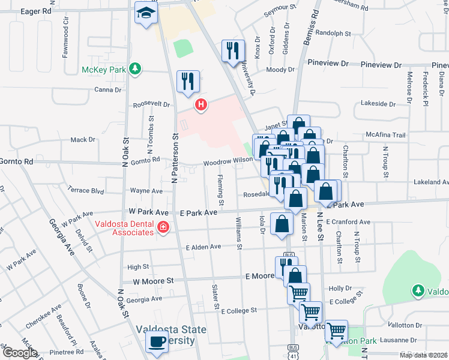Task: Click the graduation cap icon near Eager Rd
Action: click(145, 13)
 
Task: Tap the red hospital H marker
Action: click(201, 106)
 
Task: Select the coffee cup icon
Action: click(157, 342)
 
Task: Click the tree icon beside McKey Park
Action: click(136, 69)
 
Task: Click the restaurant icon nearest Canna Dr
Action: click(188, 81)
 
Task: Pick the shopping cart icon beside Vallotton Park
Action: click(336, 330)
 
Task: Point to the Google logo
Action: click(19, 353)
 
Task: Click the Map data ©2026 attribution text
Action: click(423, 355)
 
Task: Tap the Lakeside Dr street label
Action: click(379, 103)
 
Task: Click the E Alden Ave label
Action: click(203, 247)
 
